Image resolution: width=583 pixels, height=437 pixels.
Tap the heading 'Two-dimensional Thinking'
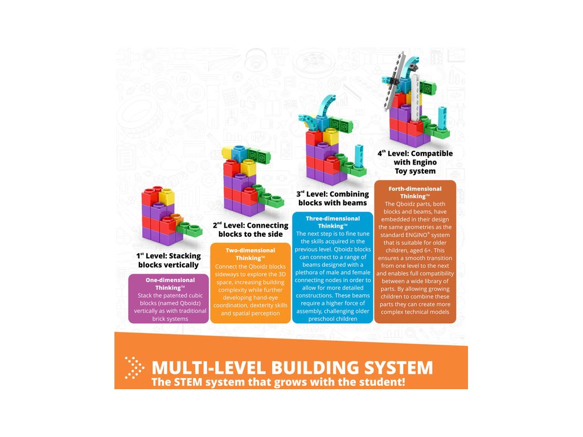[x=251, y=254]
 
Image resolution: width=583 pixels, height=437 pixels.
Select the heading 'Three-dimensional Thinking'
[x=332, y=222]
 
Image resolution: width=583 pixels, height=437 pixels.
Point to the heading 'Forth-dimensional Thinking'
[x=414, y=192]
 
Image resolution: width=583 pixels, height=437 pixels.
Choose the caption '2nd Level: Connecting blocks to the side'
[x=250, y=229]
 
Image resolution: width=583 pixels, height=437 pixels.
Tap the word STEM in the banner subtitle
[x=190, y=382]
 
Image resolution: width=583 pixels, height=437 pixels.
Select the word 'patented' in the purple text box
[x=166, y=296]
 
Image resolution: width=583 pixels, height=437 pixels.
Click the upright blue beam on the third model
[x=358, y=155]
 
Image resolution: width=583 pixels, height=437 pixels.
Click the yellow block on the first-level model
[x=166, y=197]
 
